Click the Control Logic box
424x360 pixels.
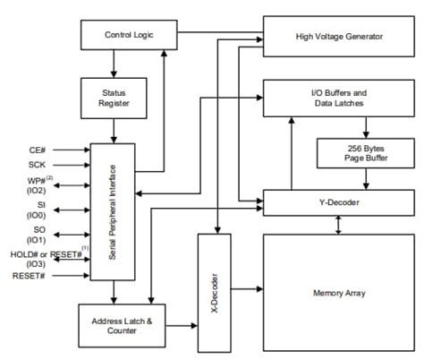129,35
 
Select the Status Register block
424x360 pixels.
114,99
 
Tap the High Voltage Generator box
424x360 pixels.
339,37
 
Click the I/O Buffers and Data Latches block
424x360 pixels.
339,98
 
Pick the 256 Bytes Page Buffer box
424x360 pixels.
366,153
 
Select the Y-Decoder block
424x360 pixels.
339,202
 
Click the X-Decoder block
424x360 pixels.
215,293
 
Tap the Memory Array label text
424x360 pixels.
339,293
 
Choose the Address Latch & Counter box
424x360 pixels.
122,326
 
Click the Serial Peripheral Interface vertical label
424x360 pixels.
112,212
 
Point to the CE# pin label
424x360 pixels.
38,150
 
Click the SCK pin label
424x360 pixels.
37,165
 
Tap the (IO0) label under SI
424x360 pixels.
37,215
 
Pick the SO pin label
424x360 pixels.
39,229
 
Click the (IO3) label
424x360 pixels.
36,264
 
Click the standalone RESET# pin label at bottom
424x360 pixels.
29,276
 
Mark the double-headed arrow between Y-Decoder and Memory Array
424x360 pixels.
338,225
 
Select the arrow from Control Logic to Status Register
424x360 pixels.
114,64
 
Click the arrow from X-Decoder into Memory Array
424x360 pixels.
247,288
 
